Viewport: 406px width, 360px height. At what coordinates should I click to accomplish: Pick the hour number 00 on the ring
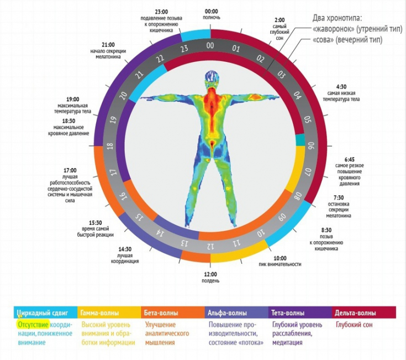pyautogui.click(x=210, y=45)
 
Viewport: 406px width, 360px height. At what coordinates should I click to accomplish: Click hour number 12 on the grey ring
pyautogui.click(x=210, y=244)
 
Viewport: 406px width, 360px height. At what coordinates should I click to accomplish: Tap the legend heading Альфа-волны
pyautogui.click(x=226, y=312)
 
